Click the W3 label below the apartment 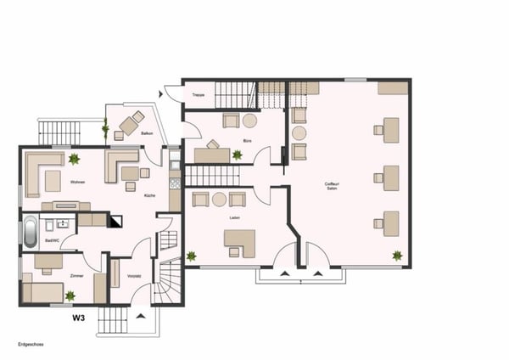pos(78,318)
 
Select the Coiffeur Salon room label pos(332,187)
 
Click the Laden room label pos(234,217)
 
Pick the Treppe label pos(199,94)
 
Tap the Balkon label pos(146,132)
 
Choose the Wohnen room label pos(78,182)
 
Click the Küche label pos(149,195)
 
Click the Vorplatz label pos(133,276)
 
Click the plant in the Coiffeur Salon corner pos(396,255)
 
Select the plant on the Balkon pos(106,130)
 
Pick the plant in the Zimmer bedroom pos(70,295)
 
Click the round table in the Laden pos(219,200)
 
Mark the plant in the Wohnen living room pos(75,159)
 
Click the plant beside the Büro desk pos(237,155)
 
